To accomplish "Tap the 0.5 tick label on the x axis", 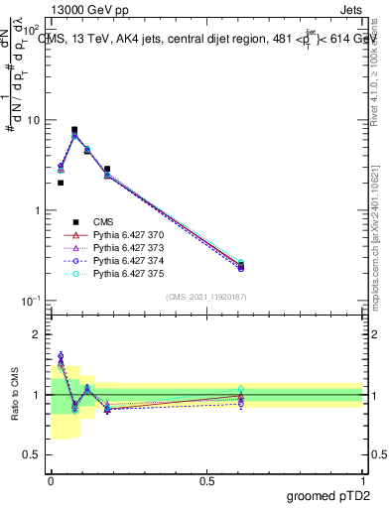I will coord(206,480).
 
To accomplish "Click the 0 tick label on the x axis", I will coord(51,480).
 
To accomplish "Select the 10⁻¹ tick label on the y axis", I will coord(30,301).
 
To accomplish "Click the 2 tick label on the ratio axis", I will coord(38,334).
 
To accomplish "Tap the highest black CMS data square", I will coord(74,129).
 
